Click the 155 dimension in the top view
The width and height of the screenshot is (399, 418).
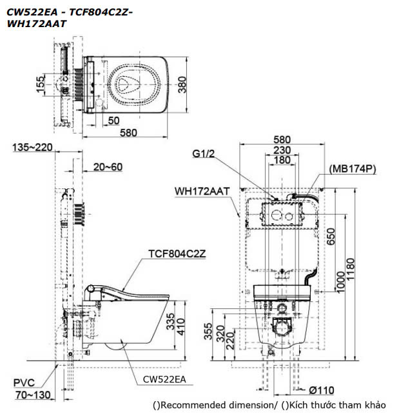[x=41, y=84]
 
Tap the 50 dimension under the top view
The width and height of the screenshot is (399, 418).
[x=113, y=120]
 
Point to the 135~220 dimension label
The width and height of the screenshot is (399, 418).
[x=33, y=148]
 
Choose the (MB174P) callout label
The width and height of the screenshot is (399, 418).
[x=352, y=168]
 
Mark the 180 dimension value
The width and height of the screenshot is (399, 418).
[x=282, y=160]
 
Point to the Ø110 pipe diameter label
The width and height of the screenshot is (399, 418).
[x=321, y=390]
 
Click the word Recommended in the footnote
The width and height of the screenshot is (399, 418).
[x=190, y=405]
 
